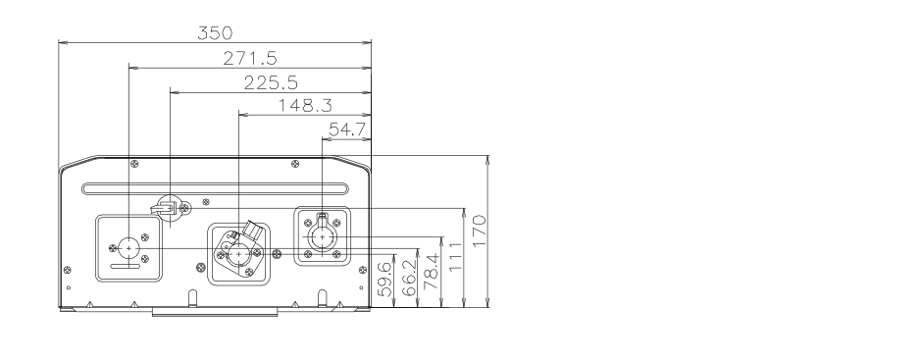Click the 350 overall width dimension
[215, 33]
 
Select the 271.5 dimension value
[250, 58]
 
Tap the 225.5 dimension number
[271, 82]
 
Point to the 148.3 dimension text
[305, 106]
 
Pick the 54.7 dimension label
[347, 129]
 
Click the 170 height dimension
[480, 231]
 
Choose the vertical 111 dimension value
[456, 257]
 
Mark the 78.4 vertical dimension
[432, 272]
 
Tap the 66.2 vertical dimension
[410, 278]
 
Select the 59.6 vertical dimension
[384, 279]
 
